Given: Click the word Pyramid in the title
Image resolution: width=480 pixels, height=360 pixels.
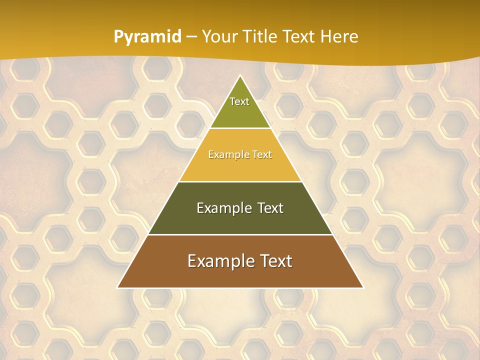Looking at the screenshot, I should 147,37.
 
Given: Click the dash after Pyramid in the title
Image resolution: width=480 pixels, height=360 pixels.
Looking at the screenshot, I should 191,37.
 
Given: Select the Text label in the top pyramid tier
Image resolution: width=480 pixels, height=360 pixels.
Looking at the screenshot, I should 239,101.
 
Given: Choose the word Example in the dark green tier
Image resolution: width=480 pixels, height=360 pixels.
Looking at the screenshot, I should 221,208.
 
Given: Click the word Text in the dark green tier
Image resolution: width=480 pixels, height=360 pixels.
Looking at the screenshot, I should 267,208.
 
